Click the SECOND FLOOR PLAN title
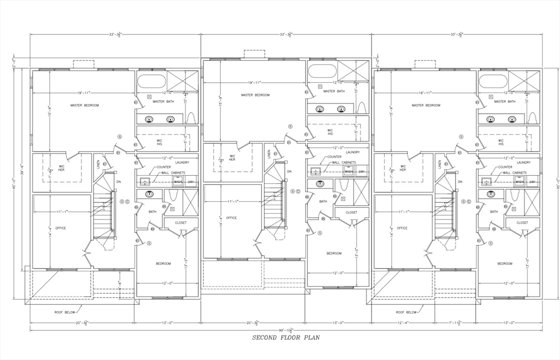coord(285,338)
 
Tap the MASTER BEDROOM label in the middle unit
coord(255,95)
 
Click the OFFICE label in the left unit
coord(60,228)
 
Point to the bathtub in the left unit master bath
coord(150,82)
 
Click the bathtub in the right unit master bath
coord(492,82)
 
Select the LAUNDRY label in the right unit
coord(523,162)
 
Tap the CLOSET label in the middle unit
coord(351,212)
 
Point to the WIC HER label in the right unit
coord(402,168)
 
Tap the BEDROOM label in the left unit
coord(163,264)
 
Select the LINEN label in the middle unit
coord(269,154)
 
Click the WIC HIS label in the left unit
coord(159,141)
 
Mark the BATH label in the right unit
coord(494,212)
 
